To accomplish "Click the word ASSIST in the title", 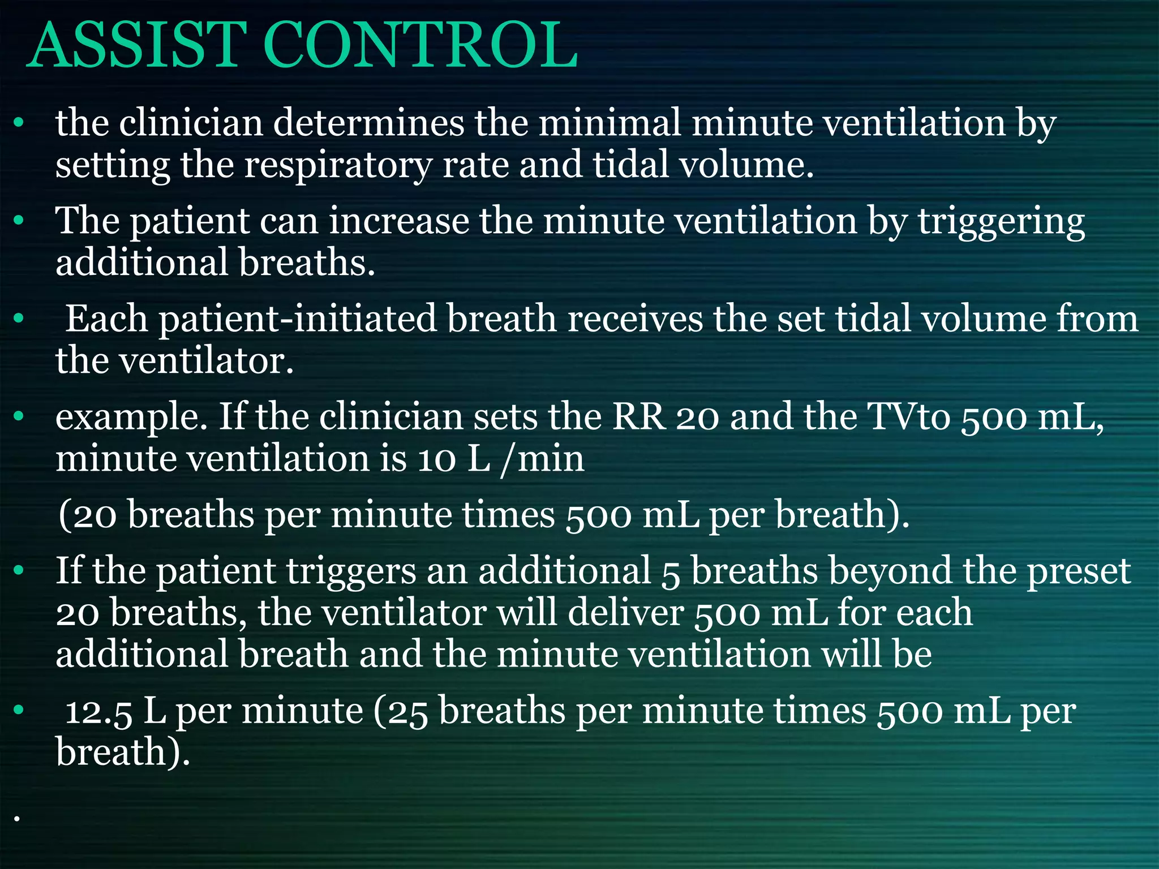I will [136, 45].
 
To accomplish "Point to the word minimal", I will [609, 123].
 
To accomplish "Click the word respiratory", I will [338, 166].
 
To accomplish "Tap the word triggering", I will [1001, 222].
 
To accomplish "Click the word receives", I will [634, 319].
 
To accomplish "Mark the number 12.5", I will [99, 712].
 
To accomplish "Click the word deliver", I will [625, 613].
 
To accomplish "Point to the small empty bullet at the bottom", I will [18, 819].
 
